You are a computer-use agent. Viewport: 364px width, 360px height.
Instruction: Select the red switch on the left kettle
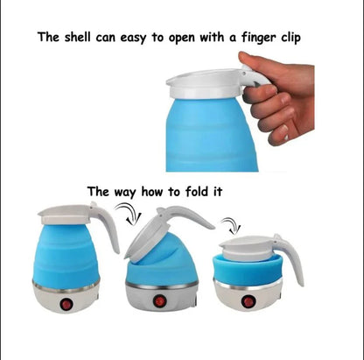(66, 305)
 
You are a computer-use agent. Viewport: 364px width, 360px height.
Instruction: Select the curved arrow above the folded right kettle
(230, 224)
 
